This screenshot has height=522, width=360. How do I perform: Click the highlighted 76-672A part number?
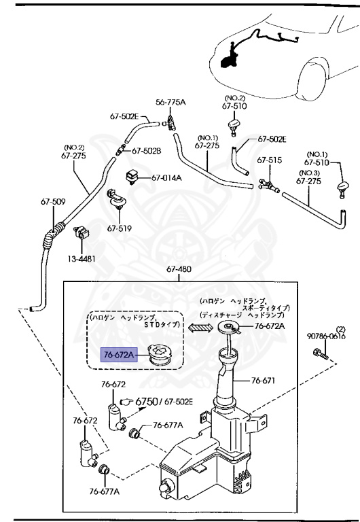coord(119,355)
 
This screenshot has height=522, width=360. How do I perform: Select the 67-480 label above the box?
coord(179,269)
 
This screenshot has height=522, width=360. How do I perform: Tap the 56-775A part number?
coord(170,102)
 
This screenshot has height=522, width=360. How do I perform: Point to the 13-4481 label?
coord(82,259)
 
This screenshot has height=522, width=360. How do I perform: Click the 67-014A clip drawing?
coord(132,177)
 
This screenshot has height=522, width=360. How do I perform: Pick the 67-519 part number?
coord(120,228)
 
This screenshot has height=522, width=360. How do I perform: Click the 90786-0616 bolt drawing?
coord(321,354)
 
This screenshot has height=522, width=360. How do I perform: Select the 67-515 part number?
coord(269,160)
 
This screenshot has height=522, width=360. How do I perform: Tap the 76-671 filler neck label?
coord(263,381)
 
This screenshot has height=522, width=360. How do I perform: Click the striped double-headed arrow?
coord(200,328)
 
